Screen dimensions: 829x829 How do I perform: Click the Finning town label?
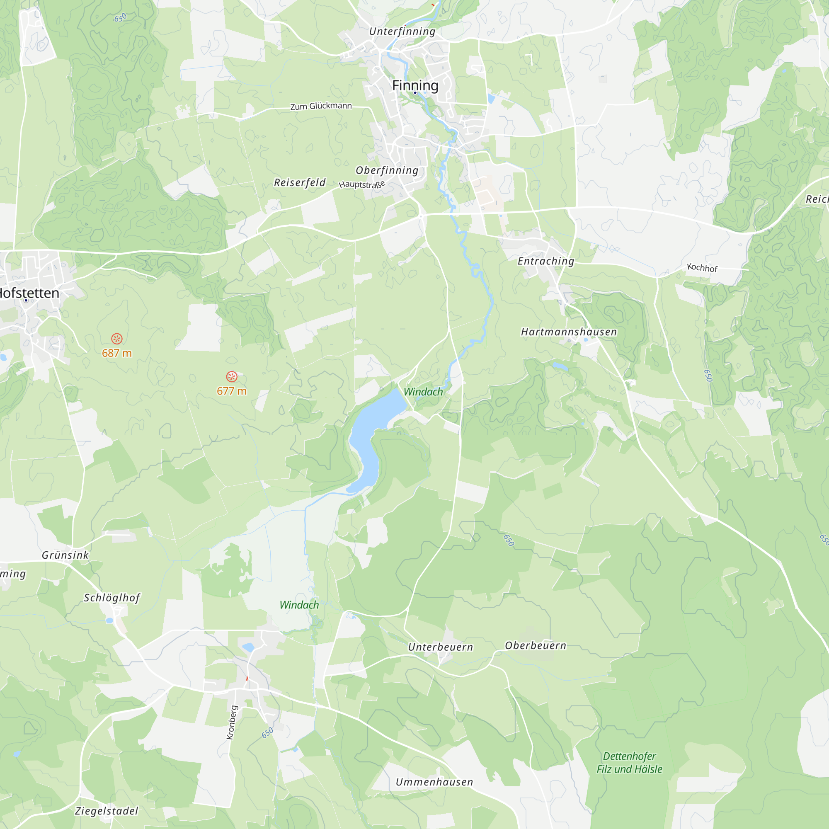point(415,85)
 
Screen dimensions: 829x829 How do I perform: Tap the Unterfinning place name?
point(402,32)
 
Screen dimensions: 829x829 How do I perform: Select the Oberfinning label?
point(387,170)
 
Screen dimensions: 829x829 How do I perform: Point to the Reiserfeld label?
point(300,182)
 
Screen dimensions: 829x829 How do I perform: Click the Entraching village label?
point(546,261)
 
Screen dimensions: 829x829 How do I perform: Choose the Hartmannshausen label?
point(569,332)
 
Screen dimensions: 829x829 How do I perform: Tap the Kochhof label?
point(702,268)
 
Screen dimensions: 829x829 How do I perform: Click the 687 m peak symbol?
point(117,339)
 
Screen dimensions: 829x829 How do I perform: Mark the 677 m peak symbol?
point(232,377)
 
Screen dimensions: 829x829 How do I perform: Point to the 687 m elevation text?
point(117,353)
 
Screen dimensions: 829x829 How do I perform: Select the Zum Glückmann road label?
point(321,106)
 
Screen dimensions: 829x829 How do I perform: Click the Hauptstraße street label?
point(362,184)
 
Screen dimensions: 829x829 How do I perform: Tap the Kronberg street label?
point(231,722)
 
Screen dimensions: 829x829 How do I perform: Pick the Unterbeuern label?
point(440,647)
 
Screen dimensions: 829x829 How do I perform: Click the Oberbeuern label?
point(536,645)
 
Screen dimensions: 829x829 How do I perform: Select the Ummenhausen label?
point(434,782)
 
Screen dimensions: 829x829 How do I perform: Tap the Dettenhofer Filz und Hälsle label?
point(630,763)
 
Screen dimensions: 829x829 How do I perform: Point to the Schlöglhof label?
point(112,598)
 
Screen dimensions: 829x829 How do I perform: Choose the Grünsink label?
point(65,555)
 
